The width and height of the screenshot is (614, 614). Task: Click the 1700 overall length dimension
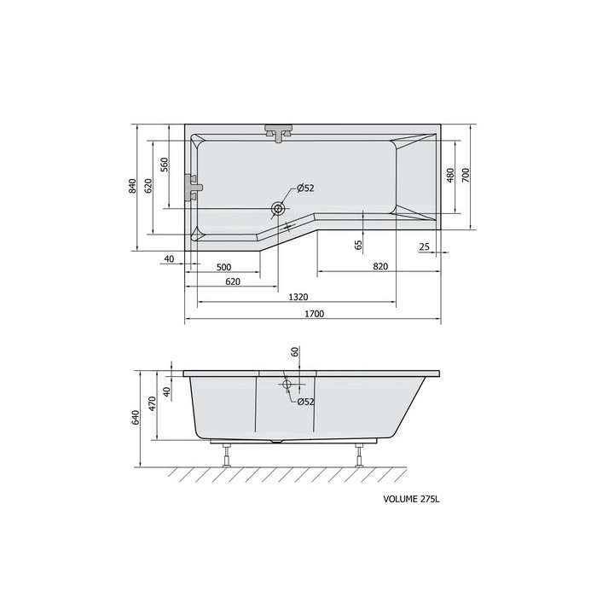(x=315, y=314)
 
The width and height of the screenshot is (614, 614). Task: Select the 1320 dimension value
(x=298, y=298)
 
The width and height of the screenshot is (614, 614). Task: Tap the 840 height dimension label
(x=132, y=186)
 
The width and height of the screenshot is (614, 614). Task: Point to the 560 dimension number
(x=165, y=165)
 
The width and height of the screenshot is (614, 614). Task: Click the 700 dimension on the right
(x=466, y=175)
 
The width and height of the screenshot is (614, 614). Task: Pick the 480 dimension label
(x=450, y=175)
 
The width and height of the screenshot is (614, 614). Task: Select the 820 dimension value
(x=380, y=267)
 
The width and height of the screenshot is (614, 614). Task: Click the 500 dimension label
(x=224, y=267)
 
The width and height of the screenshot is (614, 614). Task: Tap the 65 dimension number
(x=358, y=245)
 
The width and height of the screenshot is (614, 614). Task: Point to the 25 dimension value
(x=424, y=246)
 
